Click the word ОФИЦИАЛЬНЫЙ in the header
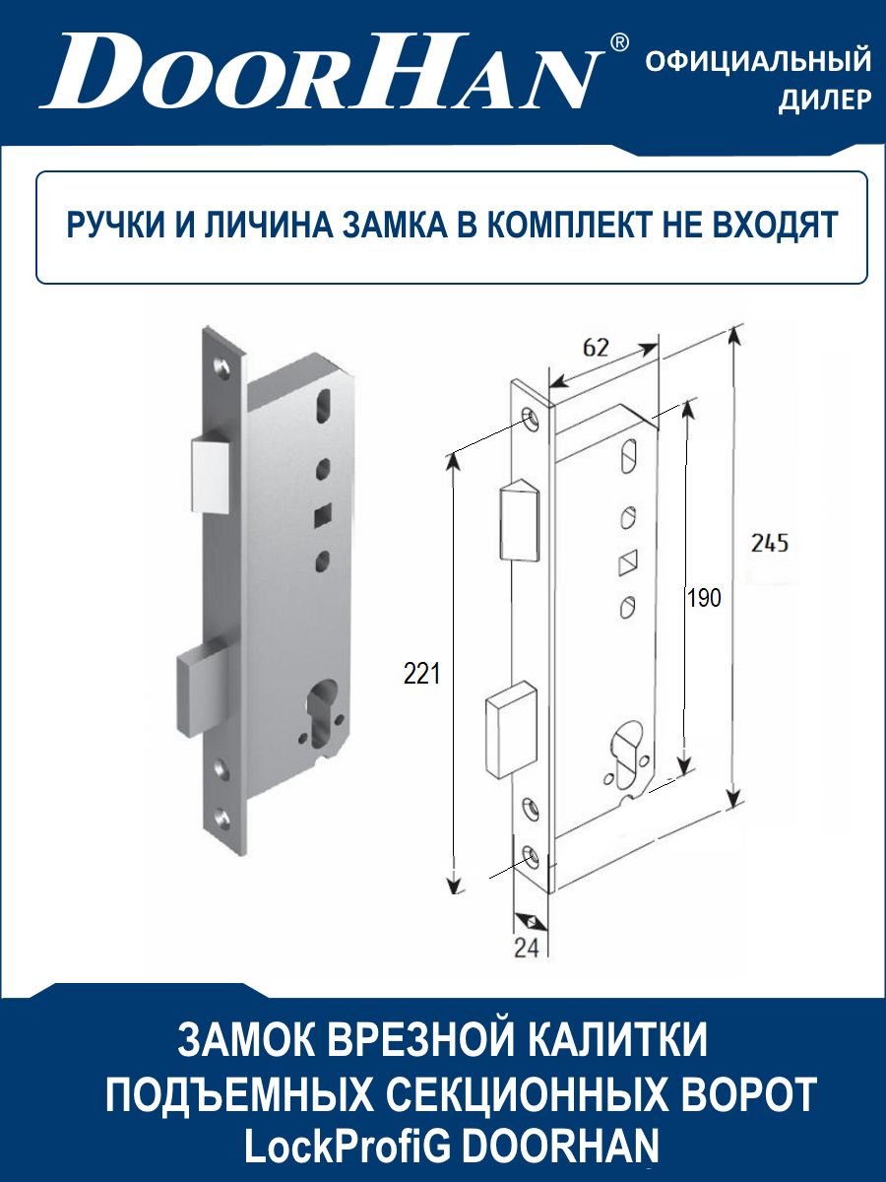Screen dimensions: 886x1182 [758, 61]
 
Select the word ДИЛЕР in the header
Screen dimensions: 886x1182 [825, 98]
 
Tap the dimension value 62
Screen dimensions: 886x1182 [596, 349]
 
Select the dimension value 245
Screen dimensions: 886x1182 [770, 544]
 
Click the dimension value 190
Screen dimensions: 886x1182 [704, 598]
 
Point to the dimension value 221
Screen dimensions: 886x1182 [421, 674]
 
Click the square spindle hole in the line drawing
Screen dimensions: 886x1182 [627, 562]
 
